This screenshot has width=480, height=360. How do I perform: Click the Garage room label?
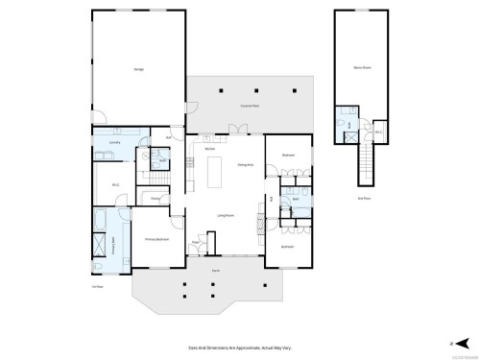point(139,71)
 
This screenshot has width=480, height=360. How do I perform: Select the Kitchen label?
point(209,150)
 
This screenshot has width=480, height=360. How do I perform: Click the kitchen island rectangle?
point(214,174)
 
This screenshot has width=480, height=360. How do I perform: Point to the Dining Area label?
point(245,164)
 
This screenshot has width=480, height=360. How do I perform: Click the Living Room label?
point(227,214)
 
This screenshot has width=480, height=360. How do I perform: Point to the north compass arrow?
point(464,341)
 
